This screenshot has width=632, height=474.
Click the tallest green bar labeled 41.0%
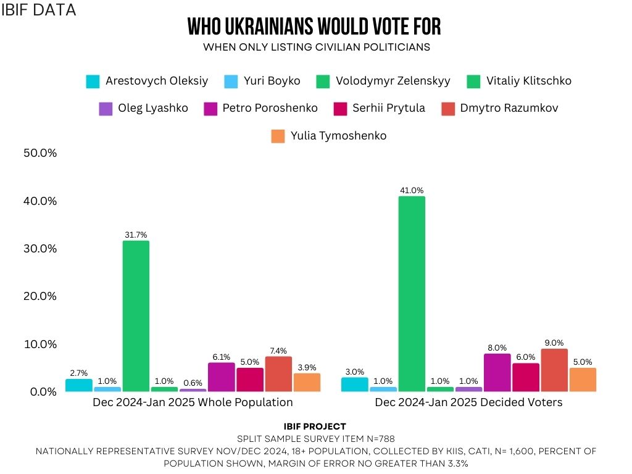click(x=412, y=294)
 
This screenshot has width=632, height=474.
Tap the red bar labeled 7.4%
click(x=278, y=374)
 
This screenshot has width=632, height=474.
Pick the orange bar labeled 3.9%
click(x=307, y=383)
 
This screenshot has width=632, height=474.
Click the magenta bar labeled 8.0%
click(x=497, y=373)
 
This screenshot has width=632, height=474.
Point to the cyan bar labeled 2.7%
click(x=79, y=385)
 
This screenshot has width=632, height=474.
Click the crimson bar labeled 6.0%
click(x=525, y=377)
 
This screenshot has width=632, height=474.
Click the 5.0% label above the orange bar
click(x=582, y=362)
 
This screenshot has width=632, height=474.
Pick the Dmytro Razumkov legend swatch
click(x=449, y=109)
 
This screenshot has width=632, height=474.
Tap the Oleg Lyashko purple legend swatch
click(x=106, y=109)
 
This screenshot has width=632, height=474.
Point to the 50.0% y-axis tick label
click(x=39, y=153)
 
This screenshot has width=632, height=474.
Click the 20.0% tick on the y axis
click(x=39, y=296)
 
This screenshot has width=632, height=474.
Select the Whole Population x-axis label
click(x=193, y=402)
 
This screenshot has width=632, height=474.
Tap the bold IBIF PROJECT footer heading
click(x=315, y=426)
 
